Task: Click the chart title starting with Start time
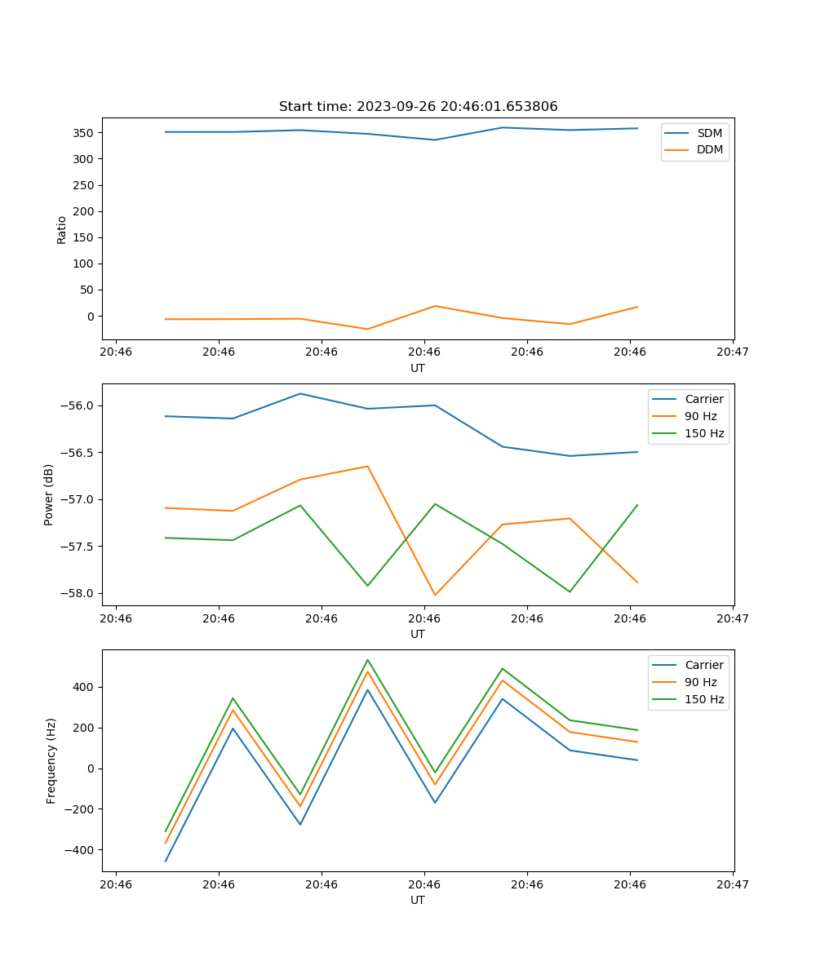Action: click(x=418, y=107)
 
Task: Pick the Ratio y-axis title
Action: click(x=62, y=229)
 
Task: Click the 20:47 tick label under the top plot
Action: click(x=732, y=352)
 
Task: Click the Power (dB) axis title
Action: click(x=49, y=494)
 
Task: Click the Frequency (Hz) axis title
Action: click(x=51, y=760)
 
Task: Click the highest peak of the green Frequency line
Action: click(x=367, y=659)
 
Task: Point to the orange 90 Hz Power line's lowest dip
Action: click(x=435, y=595)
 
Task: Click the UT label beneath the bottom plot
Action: click(x=418, y=900)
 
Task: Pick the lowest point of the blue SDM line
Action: click(x=435, y=140)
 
